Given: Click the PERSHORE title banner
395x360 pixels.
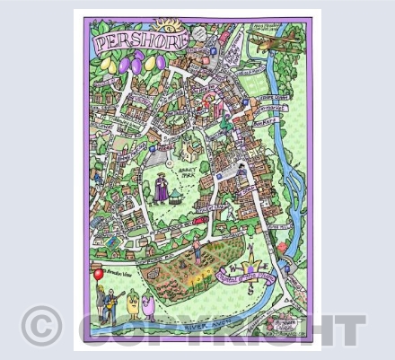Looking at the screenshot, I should point(135,41).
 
